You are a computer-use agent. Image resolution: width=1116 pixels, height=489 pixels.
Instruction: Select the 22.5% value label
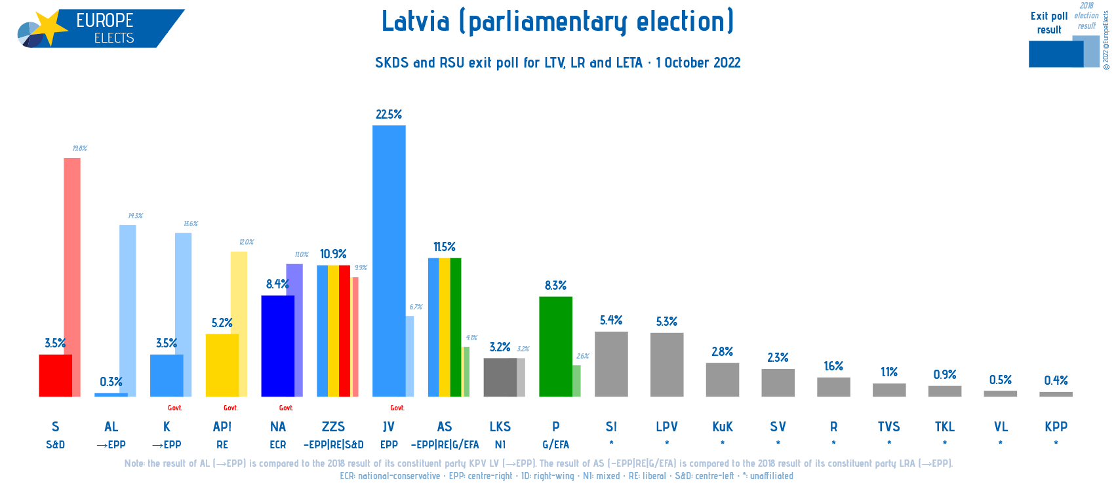389,115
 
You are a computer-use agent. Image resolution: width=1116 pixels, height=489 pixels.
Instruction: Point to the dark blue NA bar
277,345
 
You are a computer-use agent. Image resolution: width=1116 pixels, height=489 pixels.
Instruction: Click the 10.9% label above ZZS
333,254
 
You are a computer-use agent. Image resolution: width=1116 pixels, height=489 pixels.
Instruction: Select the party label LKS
500,427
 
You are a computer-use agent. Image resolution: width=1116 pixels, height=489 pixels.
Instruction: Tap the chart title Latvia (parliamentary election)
557,22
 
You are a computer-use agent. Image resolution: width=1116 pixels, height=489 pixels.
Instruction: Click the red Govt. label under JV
397,408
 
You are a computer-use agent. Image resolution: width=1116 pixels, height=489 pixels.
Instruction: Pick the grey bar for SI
611,364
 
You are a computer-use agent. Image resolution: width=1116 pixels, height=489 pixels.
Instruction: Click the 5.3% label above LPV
667,322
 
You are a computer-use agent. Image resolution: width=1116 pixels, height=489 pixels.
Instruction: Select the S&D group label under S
56,444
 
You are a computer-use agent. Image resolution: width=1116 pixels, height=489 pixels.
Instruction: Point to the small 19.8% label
79,149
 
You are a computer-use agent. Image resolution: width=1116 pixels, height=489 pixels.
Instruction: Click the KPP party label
1056,427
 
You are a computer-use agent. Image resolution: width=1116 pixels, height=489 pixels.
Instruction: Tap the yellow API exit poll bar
222,365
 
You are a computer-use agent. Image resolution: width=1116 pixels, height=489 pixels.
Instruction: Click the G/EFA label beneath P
555,444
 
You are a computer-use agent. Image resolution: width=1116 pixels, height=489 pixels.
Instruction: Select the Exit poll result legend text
1048,23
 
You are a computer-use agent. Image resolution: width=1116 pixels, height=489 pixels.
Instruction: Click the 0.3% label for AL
111,382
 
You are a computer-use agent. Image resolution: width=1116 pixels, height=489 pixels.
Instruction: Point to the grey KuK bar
722,380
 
